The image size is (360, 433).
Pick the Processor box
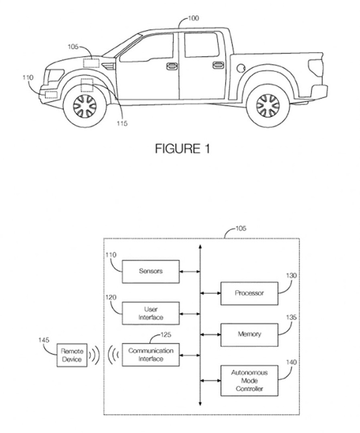(x=249, y=293)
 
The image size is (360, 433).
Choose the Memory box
(x=249, y=334)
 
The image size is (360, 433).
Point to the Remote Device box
(x=72, y=355)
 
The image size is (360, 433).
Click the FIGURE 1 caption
(x=182, y=148)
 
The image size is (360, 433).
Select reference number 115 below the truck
(x=122, y=124)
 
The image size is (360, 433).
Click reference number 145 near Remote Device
(x=44, y=340)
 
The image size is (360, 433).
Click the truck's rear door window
(x=201, y=45)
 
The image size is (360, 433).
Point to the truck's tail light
(x=313, y=67)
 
